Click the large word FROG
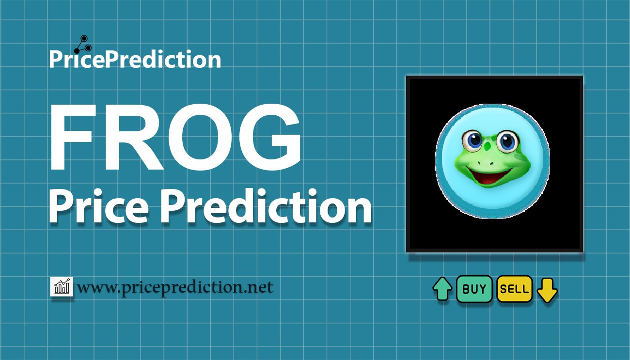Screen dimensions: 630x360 175,137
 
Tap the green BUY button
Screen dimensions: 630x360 474,289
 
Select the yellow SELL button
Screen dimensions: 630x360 515,289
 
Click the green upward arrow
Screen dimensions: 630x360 442,289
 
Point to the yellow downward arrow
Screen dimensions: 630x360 547,290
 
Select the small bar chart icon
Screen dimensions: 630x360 62,287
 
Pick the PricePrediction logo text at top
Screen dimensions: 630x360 135,59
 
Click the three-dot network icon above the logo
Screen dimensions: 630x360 83,45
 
